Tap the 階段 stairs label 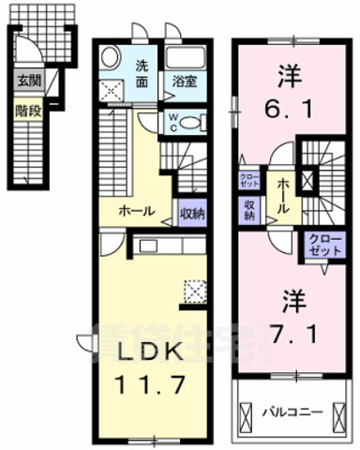tap(26, 109)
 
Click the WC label tap(174, 121)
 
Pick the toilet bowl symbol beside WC tap(190, 121)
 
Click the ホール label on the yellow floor tap(130, 212)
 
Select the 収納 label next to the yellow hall tap(191, 212)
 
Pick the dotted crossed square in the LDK tap(196, 292)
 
